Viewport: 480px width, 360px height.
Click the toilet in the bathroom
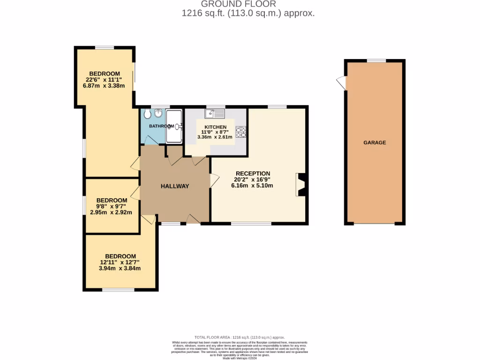point(148,114)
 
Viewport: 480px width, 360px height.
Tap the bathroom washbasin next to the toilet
point(158,113)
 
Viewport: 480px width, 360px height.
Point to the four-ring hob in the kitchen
point(241,132)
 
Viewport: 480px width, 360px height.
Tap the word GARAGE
point(375,142)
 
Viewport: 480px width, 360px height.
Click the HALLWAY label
point(175,186)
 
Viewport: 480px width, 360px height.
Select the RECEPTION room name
point(253,173)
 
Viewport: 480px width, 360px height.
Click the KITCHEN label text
point(216,127)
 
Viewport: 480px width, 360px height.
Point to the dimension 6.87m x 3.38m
point(105,86)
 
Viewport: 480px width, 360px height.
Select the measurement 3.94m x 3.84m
point(120,269)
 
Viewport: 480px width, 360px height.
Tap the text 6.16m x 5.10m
point(252,186)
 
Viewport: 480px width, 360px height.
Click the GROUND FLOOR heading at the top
point(247,4)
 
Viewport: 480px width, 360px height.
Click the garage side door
point(341,83)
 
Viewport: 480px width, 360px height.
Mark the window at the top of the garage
point(376,60)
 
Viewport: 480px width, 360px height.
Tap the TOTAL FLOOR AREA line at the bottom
point(240,337)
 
